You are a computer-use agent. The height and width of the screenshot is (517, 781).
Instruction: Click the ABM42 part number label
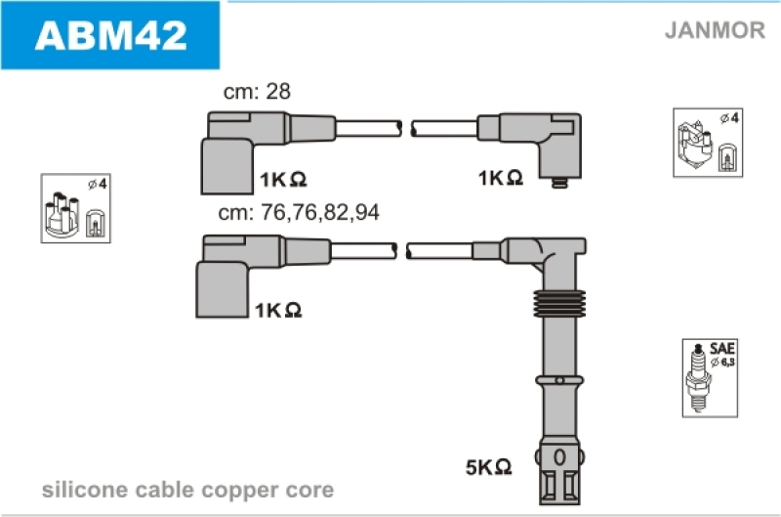click(x=109, y=35)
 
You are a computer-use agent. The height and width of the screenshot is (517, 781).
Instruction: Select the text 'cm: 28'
click(x=258, y=92)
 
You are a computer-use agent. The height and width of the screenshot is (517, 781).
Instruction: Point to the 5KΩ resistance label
click(x=489, y=467)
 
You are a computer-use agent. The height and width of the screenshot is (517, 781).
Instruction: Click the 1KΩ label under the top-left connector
click(x=284, y=179)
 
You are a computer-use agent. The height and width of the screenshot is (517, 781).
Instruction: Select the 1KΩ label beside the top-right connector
click(x=501, y=178)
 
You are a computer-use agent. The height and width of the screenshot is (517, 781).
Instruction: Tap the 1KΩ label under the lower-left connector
click(x=277, y=309)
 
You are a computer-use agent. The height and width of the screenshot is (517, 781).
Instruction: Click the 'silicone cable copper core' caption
click(x=187, y=490)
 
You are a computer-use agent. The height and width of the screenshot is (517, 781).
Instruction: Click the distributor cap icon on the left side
click(x=70, y=208)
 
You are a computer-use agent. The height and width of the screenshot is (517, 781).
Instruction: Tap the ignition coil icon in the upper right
click(x=707, y=143)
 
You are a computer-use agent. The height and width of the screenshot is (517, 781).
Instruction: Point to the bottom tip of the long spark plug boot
click(x=558, y=481)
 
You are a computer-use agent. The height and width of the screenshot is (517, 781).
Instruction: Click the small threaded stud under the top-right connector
click(x=558, y=183)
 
